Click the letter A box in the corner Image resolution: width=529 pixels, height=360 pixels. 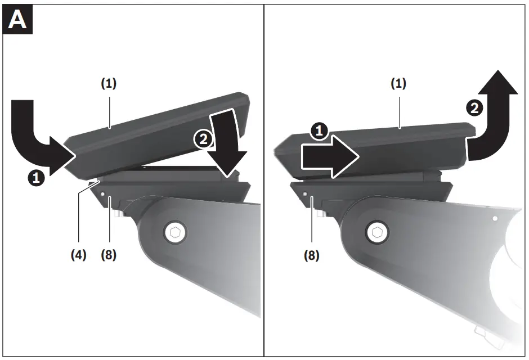pos(17,20)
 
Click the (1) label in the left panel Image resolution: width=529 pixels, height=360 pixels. pos(109,83)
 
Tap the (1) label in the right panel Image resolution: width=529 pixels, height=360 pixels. pos(398,83)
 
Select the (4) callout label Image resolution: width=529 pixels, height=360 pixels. pos(78,255)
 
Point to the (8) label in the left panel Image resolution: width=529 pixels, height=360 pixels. pos(109,255)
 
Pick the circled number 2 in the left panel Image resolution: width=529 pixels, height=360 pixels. pos(201,139)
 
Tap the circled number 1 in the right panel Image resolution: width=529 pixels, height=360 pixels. pos(319,132)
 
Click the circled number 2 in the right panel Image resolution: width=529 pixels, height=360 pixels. pos(475,109)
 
